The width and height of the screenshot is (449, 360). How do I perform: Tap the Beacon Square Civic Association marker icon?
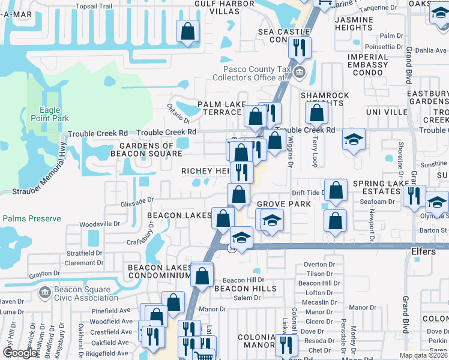coord(44,293)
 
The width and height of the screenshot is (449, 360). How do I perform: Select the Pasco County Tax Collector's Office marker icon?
coord(301,73)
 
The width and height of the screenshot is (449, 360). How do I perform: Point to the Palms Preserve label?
coord(31,218)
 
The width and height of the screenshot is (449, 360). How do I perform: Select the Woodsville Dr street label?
coord(100,224)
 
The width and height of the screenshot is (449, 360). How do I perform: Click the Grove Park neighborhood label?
coord(284,204)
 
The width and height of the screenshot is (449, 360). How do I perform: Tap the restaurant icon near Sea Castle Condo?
coord(298,47)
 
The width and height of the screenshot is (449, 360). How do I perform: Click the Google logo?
coord(20,353)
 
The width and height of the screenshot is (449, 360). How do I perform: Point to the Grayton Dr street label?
coord(44,274)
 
